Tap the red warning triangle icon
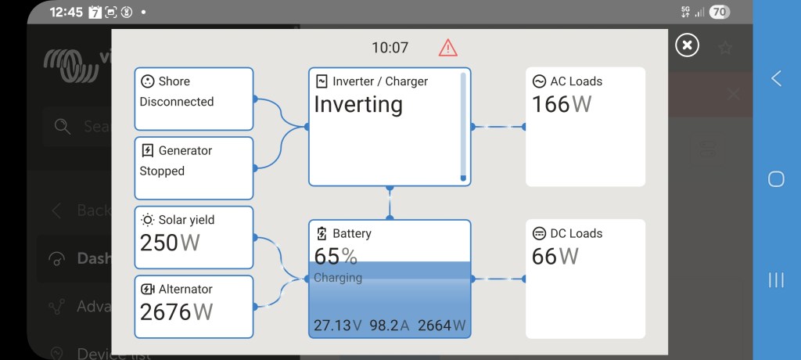click(447, 48)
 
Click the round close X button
click(687, 45)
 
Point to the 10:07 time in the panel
click(390, 48)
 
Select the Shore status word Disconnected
click(177, 102)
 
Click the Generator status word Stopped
click(162, 171)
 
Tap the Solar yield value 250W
click(170, 243)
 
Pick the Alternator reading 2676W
click(176, 311)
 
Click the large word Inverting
click(358, 105)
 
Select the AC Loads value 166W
click(562, 104)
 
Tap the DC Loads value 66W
click(555, 256)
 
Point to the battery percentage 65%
click(336, 256)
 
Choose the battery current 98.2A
click(390, 326)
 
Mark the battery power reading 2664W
click(442, 326)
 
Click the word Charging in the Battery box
click(338, 278)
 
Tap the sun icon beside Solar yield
click(147, 220)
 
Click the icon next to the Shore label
click(147, 81)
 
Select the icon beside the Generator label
click(147, 150)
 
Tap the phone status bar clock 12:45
click(66, 13)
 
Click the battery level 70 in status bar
click(719, 12)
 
